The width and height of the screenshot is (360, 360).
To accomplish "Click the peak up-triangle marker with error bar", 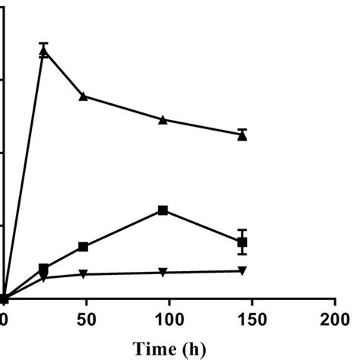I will pos(44,52).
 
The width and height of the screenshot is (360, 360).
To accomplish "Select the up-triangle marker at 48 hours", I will pos(84,96).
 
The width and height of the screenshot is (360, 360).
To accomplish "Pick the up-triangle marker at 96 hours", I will pos(163,119).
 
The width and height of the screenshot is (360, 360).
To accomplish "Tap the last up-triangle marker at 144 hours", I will pos(242,135).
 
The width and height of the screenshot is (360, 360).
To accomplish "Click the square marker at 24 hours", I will pos(44,269).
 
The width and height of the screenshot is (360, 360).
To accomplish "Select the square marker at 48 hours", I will pos(84,247).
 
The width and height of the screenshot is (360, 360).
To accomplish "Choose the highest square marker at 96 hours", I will pos(163,210).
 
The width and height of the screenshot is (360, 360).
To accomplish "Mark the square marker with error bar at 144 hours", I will pos(242,242).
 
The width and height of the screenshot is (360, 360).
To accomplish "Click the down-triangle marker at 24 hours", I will pos(44,278).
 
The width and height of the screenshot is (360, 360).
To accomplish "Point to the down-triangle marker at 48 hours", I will pos(84,273).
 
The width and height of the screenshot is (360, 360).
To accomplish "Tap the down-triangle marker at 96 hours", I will pos(163,272).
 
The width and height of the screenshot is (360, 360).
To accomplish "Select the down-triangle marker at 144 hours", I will pos(242,270).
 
